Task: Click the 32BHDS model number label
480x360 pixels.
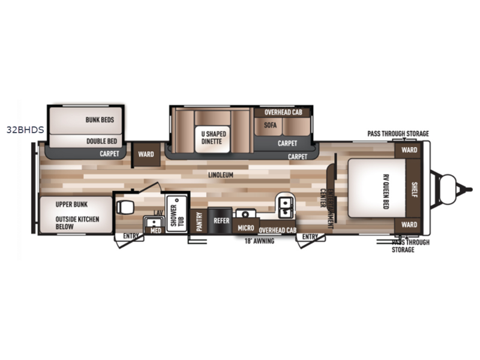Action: click(25, 130)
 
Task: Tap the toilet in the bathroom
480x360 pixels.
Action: click(125, 207)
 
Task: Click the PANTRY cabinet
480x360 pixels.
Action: click(199, 221)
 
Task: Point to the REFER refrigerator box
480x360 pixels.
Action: click(220, 220)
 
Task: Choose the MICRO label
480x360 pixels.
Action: click(246, 228)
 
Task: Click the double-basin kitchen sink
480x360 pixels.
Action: click(286, 208)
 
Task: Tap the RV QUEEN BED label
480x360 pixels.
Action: click(386, 192)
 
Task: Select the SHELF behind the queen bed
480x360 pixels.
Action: click(414, 188)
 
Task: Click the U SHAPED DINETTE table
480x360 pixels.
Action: click(212, 139)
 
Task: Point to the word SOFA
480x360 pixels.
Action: click(270, 125)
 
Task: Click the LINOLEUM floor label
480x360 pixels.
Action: click(221, 175)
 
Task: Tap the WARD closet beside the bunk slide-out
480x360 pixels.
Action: click(146, 155)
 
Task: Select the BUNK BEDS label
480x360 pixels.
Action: click(100, 119)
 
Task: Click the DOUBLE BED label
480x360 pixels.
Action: click(101, 141)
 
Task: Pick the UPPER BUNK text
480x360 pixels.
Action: click(71, 205)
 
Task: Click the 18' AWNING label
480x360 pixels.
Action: click(259, 241)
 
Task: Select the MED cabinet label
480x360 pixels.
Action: click(156, 230)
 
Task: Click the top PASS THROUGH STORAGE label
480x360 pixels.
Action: click(398, 134)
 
